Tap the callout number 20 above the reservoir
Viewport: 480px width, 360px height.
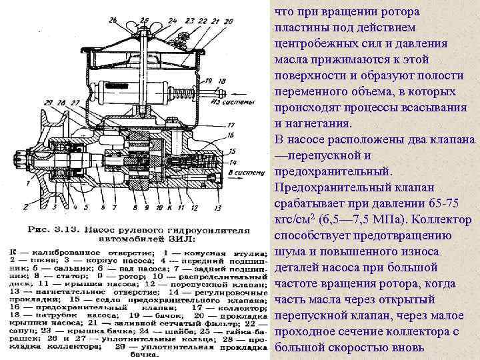(x=229, y=22)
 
